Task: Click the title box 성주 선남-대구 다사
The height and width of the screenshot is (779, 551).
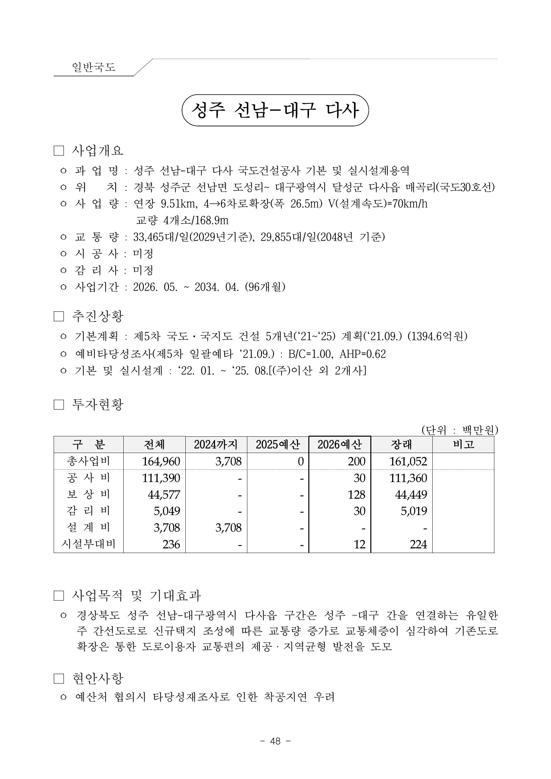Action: [275, 110]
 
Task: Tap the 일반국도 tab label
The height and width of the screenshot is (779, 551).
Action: [94, 67]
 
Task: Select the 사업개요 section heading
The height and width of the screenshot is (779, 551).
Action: [97, 150]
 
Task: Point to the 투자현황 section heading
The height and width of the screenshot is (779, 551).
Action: [97, 404]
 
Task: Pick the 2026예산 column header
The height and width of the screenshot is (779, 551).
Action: [340, 444]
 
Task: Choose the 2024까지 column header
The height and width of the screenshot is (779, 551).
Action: [216, 444]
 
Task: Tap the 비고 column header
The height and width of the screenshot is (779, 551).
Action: [463, 444]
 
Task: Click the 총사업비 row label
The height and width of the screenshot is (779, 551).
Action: [88, 461]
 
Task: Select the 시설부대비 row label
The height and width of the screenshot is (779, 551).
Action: [88, 544]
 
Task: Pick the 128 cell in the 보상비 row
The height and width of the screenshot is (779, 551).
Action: [356, 495]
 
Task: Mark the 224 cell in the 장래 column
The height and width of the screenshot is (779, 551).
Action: [418, 545]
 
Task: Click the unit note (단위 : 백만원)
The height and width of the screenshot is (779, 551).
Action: [459, 430]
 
